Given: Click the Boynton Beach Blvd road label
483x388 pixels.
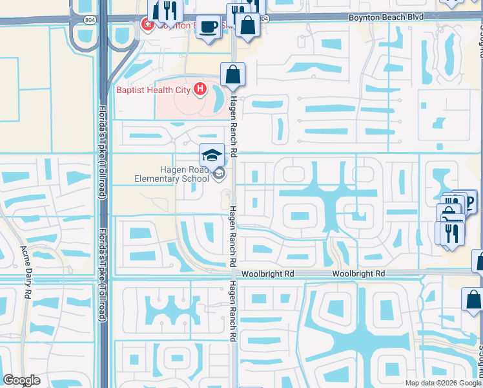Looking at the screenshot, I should [385, 16].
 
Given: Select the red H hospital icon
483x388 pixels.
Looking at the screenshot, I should [200, 89].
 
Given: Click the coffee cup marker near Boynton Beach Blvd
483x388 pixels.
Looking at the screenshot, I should [208, 27].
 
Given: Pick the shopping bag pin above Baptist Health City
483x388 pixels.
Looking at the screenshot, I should [232, 74].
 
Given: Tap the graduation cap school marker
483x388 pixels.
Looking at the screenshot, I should [212, 155].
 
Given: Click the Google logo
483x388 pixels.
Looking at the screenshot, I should [21, 380].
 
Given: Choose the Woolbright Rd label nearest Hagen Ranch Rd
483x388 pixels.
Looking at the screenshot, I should [268, 274].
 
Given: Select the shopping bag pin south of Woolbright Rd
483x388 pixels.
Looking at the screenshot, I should [473, 301].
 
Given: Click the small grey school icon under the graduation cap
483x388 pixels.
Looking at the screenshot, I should [219, 173].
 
